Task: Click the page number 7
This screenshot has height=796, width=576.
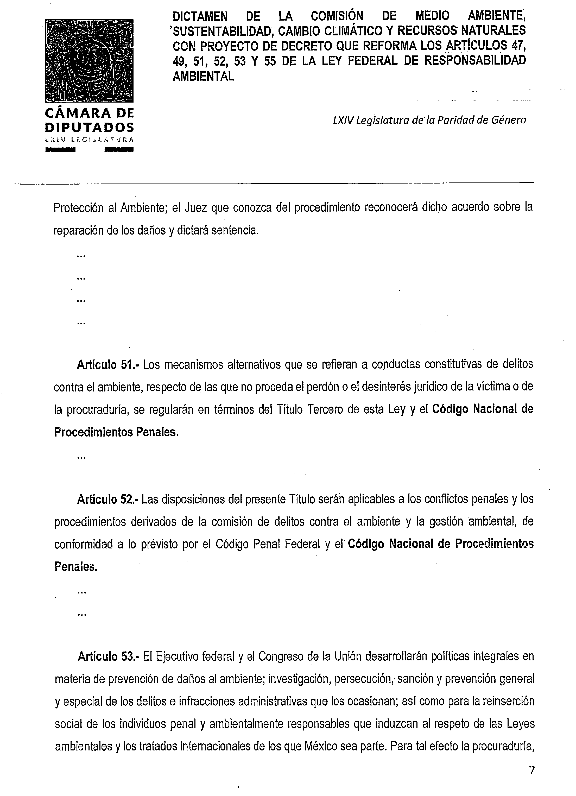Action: click(532, 770)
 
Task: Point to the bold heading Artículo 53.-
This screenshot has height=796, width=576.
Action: click(109, 656)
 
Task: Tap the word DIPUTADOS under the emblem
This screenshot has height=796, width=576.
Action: click(90, 127)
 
